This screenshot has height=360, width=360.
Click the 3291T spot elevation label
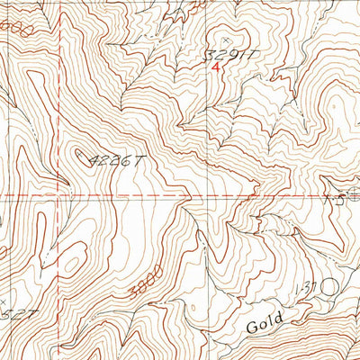click(x=232, y=54)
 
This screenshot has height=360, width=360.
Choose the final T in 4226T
click(x=140, y=161)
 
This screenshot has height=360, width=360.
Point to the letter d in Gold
click(x=282, y=317)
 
